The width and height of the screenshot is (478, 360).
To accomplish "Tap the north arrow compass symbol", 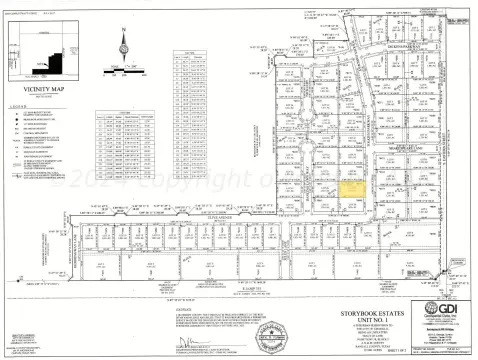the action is tap(122, 47).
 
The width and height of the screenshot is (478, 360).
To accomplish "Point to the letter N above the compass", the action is tap(122, 30).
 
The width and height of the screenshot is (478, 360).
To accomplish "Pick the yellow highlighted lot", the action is tap(351, 186).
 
